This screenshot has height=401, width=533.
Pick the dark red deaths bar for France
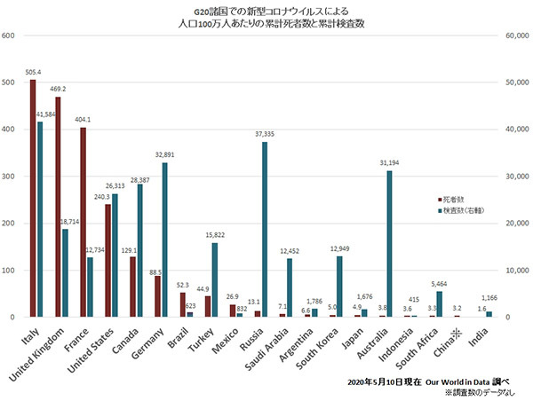[x=83, y=222]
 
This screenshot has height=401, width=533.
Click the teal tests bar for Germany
[x=164, y=240]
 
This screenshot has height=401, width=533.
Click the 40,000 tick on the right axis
[x=515, y=130]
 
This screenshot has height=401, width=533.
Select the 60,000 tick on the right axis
[x=515, y=36]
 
